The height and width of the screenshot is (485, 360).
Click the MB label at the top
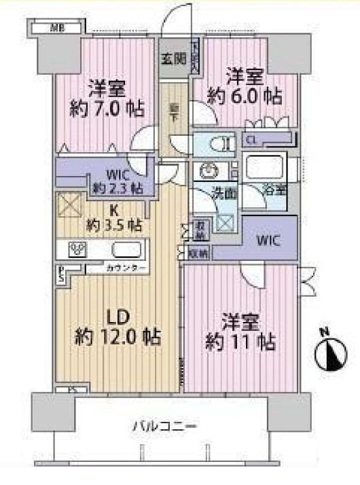54,28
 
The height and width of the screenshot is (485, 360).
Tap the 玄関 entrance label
173,59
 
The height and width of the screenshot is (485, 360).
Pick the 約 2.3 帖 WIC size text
118,187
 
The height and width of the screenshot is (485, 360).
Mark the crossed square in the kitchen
71,205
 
